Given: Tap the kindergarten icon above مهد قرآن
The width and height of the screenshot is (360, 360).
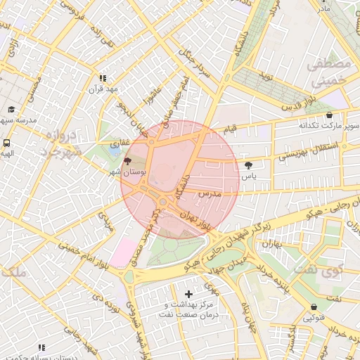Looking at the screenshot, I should point(103,79).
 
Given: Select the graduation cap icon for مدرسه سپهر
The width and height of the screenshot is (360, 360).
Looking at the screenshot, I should point(11,110).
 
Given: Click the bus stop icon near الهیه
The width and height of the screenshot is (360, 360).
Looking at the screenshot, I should point(6,141).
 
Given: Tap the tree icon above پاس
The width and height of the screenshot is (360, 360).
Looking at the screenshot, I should point(248,165).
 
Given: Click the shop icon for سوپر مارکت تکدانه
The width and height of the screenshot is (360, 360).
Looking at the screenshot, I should point(329,115).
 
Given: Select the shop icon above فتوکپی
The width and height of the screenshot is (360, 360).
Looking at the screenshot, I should point(313,307).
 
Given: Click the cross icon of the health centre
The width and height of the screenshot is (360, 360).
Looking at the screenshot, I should point(188,294).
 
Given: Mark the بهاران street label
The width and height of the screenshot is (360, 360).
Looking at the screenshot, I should point(271,244).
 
